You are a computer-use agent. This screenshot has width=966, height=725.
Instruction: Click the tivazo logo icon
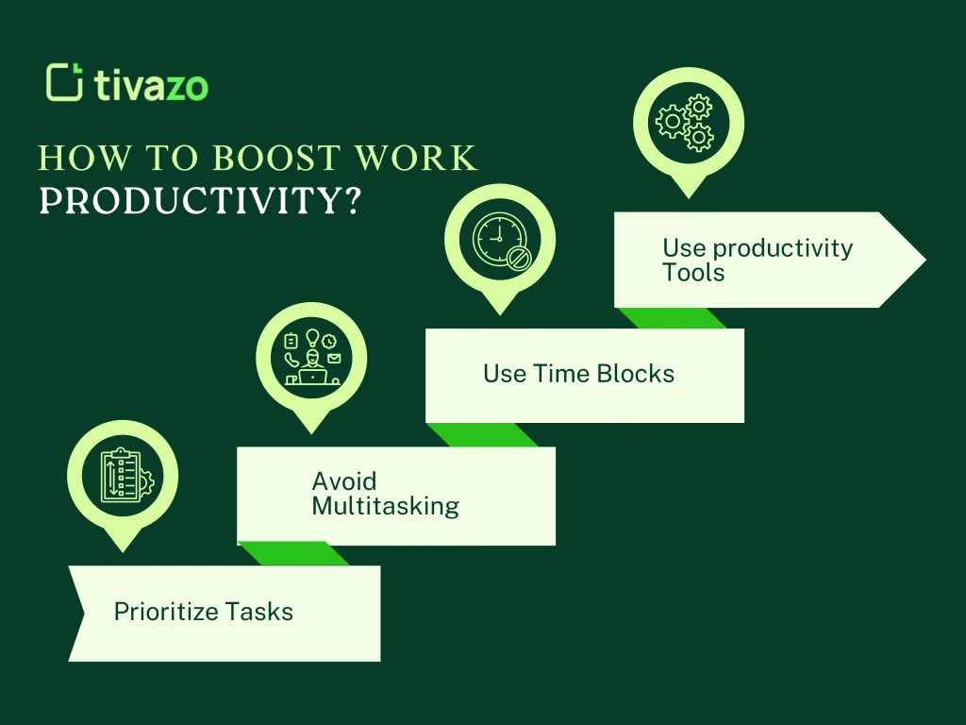(x=64, y=82)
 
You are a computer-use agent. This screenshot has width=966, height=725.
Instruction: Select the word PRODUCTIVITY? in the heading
(x=200, y=201)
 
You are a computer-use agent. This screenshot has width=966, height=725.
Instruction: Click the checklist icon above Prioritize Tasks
(x=123, y=475)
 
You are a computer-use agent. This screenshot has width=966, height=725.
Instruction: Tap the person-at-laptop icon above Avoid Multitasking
(x=311, y=357)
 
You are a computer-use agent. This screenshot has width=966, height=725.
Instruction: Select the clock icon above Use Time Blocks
(x=499, y=239)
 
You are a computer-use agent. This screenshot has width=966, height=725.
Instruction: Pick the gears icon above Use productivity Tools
(x=688, y=122)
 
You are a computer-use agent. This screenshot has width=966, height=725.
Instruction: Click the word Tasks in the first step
(x=263, y=612)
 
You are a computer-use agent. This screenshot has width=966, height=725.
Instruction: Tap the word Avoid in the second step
(x=344, y=481)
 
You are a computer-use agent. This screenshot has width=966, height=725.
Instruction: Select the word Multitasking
(x=385, y=506)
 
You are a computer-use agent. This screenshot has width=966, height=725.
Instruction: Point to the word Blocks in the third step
(x=636, y=374)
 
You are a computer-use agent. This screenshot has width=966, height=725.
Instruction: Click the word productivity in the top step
(x=782, y=248)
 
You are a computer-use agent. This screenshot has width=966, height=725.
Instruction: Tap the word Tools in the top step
(x=693, y=273)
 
